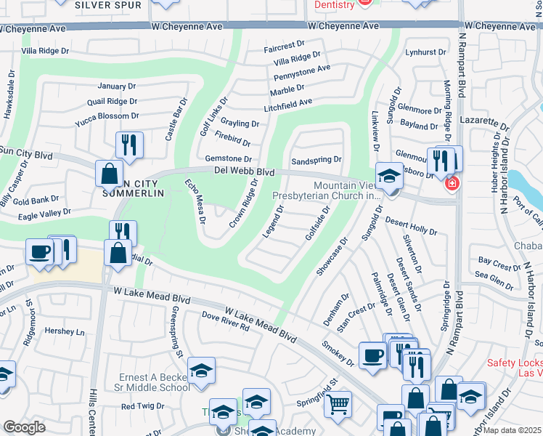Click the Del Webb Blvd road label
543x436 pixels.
(244, 172)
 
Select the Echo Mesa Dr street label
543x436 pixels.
(195, 201)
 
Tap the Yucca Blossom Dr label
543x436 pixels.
(107, 116)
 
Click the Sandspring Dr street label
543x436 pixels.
(316, 160)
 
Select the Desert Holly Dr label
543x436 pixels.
(411, 225)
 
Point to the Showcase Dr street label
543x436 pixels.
(332, 255)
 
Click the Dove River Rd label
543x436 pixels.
(225, 322)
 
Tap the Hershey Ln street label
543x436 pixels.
(65, 331)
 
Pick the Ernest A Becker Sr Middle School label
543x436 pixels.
(155, 382)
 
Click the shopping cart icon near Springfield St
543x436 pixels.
(338, 403)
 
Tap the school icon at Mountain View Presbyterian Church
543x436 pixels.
(389, 175)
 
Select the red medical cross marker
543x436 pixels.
(452, 184)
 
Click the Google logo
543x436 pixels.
(24, 427)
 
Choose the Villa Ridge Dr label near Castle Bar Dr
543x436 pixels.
(45, 50)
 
